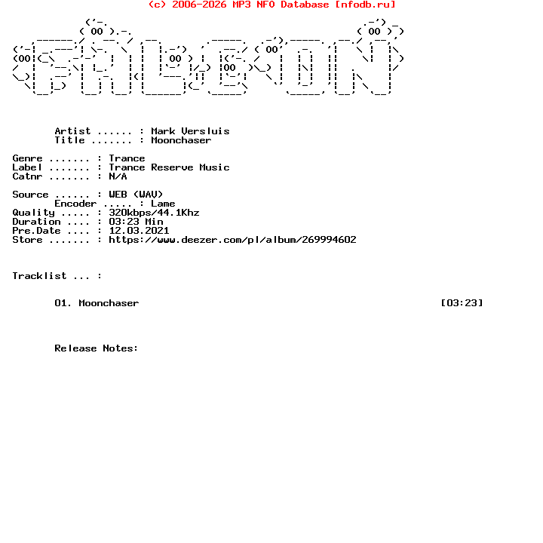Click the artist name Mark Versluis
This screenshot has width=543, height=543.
(x=190, y=131)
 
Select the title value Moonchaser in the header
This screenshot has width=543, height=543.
(x=181, y=140)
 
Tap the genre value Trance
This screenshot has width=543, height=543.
(x=127, y=158)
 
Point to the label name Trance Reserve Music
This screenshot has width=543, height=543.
(x=169, y=167)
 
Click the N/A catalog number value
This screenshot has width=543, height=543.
(x=118, y=176)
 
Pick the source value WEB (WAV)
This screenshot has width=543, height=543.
(x=136, y=195)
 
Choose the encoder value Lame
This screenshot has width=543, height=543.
(x=163, y=204)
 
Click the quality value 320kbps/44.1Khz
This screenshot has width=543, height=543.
(x=154, y=213)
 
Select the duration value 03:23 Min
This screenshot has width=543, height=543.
(x=136, y=222)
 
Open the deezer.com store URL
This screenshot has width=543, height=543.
(x=232, y=240)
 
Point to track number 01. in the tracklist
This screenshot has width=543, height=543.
(x=63, y=303)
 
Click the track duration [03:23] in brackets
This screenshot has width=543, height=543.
(x=462, y=303)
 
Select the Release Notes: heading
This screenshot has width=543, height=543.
(x=97, y=348)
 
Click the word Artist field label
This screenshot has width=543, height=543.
(x=72, y=131)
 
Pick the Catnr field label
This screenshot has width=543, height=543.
(x=27, y=176)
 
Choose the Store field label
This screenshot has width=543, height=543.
(x=27, y=240)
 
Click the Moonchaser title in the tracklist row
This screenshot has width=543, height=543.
(x=109, y=303)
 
